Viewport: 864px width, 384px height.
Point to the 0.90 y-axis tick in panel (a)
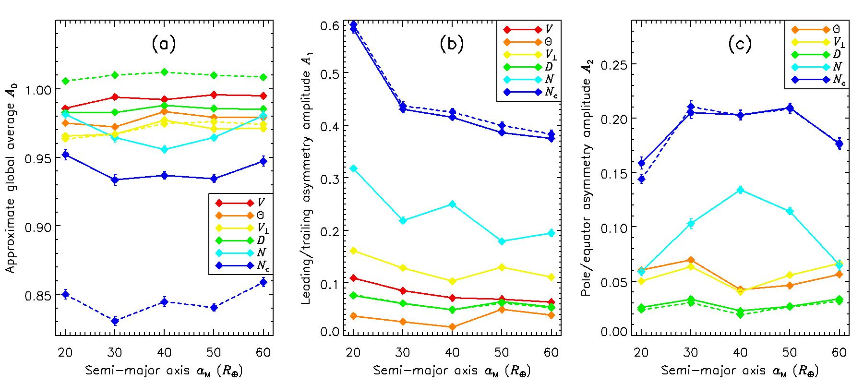point(41,226)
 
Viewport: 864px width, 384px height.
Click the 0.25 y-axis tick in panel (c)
point(617,64)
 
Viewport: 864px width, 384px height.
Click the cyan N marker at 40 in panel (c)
point(740,190)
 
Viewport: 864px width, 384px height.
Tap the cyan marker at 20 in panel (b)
point(353,168)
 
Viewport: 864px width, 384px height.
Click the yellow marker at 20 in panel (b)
point(353,251)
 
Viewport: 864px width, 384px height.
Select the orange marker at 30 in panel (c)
point(691,260)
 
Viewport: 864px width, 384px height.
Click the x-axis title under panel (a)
point(164,371)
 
